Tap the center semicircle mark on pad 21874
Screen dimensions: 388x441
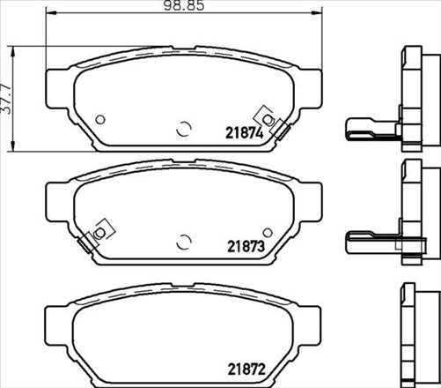(183, 129)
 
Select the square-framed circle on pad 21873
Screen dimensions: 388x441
(99, 231)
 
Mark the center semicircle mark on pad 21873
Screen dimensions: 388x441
(183, 241)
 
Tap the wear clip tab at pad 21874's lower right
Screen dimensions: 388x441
(280, 131)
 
